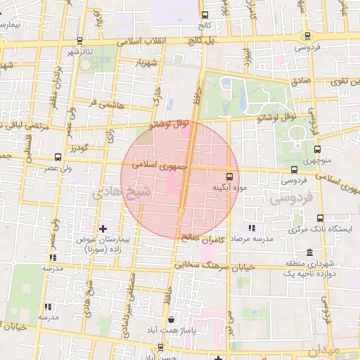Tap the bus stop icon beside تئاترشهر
coord(79,41)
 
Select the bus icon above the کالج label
coord(205,15)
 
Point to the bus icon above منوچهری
coord(317,149)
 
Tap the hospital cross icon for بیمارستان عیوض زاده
coord(103,228)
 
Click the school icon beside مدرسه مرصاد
coord(252,228)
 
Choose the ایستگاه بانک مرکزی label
coord(318,230)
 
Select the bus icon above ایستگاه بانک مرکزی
coord(321,218)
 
